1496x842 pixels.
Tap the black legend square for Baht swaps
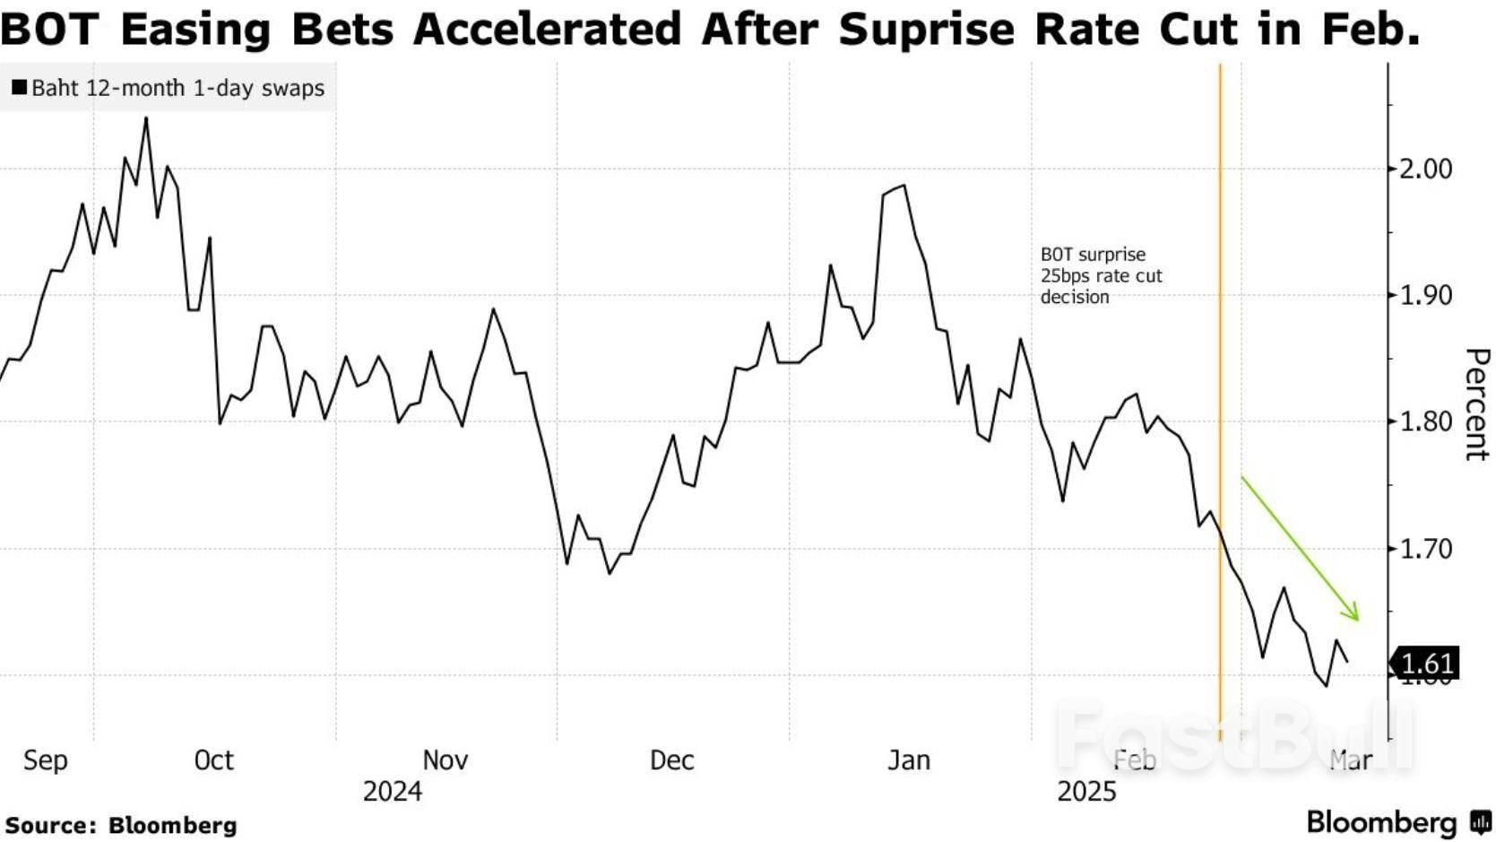click(x=19, y=88)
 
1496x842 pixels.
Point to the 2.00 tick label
click(x=1425, y=169)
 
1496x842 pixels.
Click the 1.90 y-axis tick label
click(x=1425, y=295)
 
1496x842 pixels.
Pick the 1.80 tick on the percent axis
click(x=1425, y=421)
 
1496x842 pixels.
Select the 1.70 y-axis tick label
click(x=1425, y=548)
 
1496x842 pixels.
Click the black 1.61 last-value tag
click(x=1425, y=664)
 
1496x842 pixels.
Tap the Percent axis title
click(x=1476, y=404)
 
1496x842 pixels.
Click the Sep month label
click(x=45, y=760)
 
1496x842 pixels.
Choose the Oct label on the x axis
click(x=213, y=760)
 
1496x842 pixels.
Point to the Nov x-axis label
click(x=445, y=760)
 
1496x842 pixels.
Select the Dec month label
click(x=671, y=760)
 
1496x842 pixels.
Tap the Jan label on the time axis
click(x=908, y=760)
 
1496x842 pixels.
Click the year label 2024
click(x=392, y=792)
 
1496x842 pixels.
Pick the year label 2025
click(x=1086, y=792)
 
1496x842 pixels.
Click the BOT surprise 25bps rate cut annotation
click(x=1100, y=276)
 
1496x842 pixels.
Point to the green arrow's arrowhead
click(x=1355, y=615)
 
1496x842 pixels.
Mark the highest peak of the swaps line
click(x=146, y=118)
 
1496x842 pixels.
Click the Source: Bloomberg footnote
click(x=121, y=825)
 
